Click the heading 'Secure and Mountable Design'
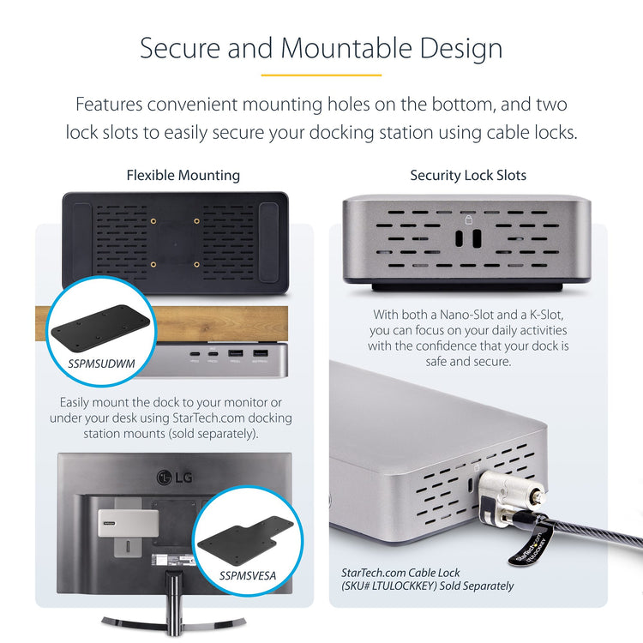click(321, 47)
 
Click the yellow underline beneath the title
click(321, 75)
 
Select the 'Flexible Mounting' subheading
click(183, 175)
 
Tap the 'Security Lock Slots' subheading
click(468, 175)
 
